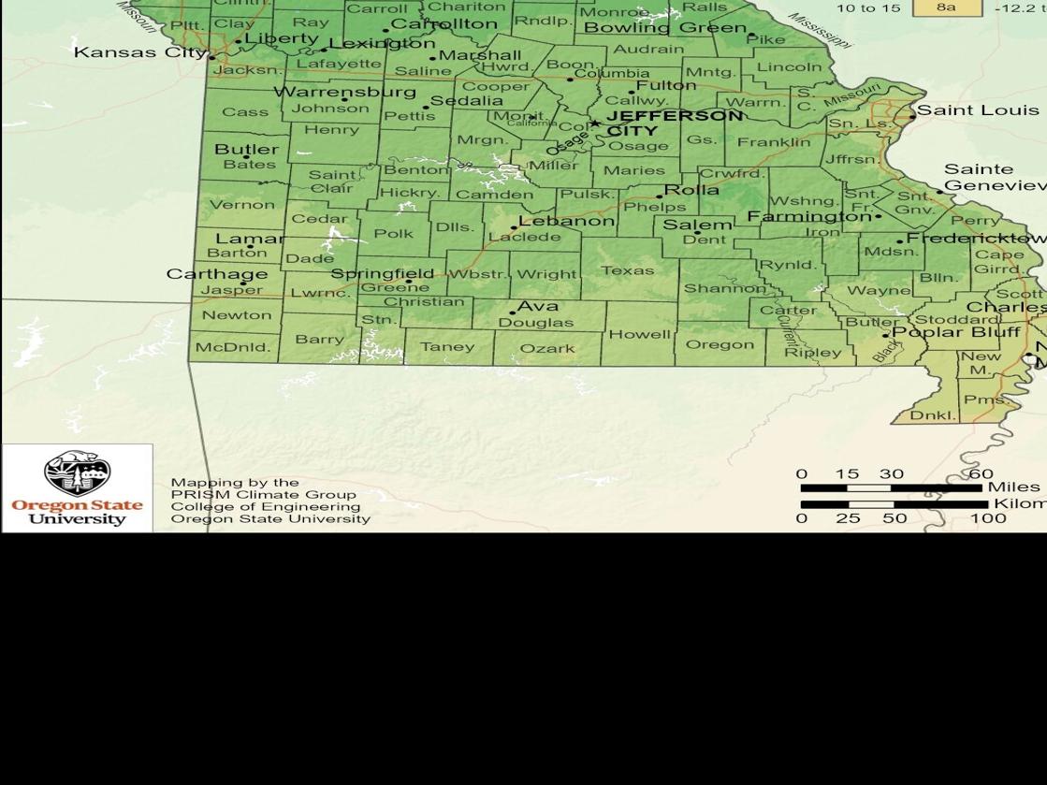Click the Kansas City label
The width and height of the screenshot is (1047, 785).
[x=139, y=52]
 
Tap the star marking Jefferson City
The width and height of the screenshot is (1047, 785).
[x=594, y=124]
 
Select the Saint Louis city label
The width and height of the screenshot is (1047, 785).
[x=978, y=110]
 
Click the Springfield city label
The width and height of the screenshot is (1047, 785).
[x=383, y=274]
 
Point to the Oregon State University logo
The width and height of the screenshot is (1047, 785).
[x=77, y=487]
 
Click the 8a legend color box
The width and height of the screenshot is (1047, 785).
[x=946, y=7]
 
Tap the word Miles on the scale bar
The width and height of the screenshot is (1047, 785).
[x=1013, y=487]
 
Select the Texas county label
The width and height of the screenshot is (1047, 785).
[x=627, y=270]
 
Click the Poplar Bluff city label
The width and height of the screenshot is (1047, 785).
[x=955, y=332]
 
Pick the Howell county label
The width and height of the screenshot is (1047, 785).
[x=640, y=334]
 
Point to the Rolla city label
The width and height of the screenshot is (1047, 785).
[x=691, y=190]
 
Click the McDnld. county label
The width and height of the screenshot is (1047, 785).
[x=232, y=347]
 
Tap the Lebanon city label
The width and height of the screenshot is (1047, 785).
[x=566, y=222]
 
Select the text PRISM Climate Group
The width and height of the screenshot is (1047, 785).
[x=263, y=495]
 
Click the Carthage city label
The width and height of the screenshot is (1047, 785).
[x=217, y=274]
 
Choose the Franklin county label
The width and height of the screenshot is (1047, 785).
[x=774, y=142]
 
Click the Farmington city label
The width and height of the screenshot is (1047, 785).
[x=808, y=216]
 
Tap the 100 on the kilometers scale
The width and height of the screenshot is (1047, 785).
[x=987, y=518]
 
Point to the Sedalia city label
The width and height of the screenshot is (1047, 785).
[x=466, y=101]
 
